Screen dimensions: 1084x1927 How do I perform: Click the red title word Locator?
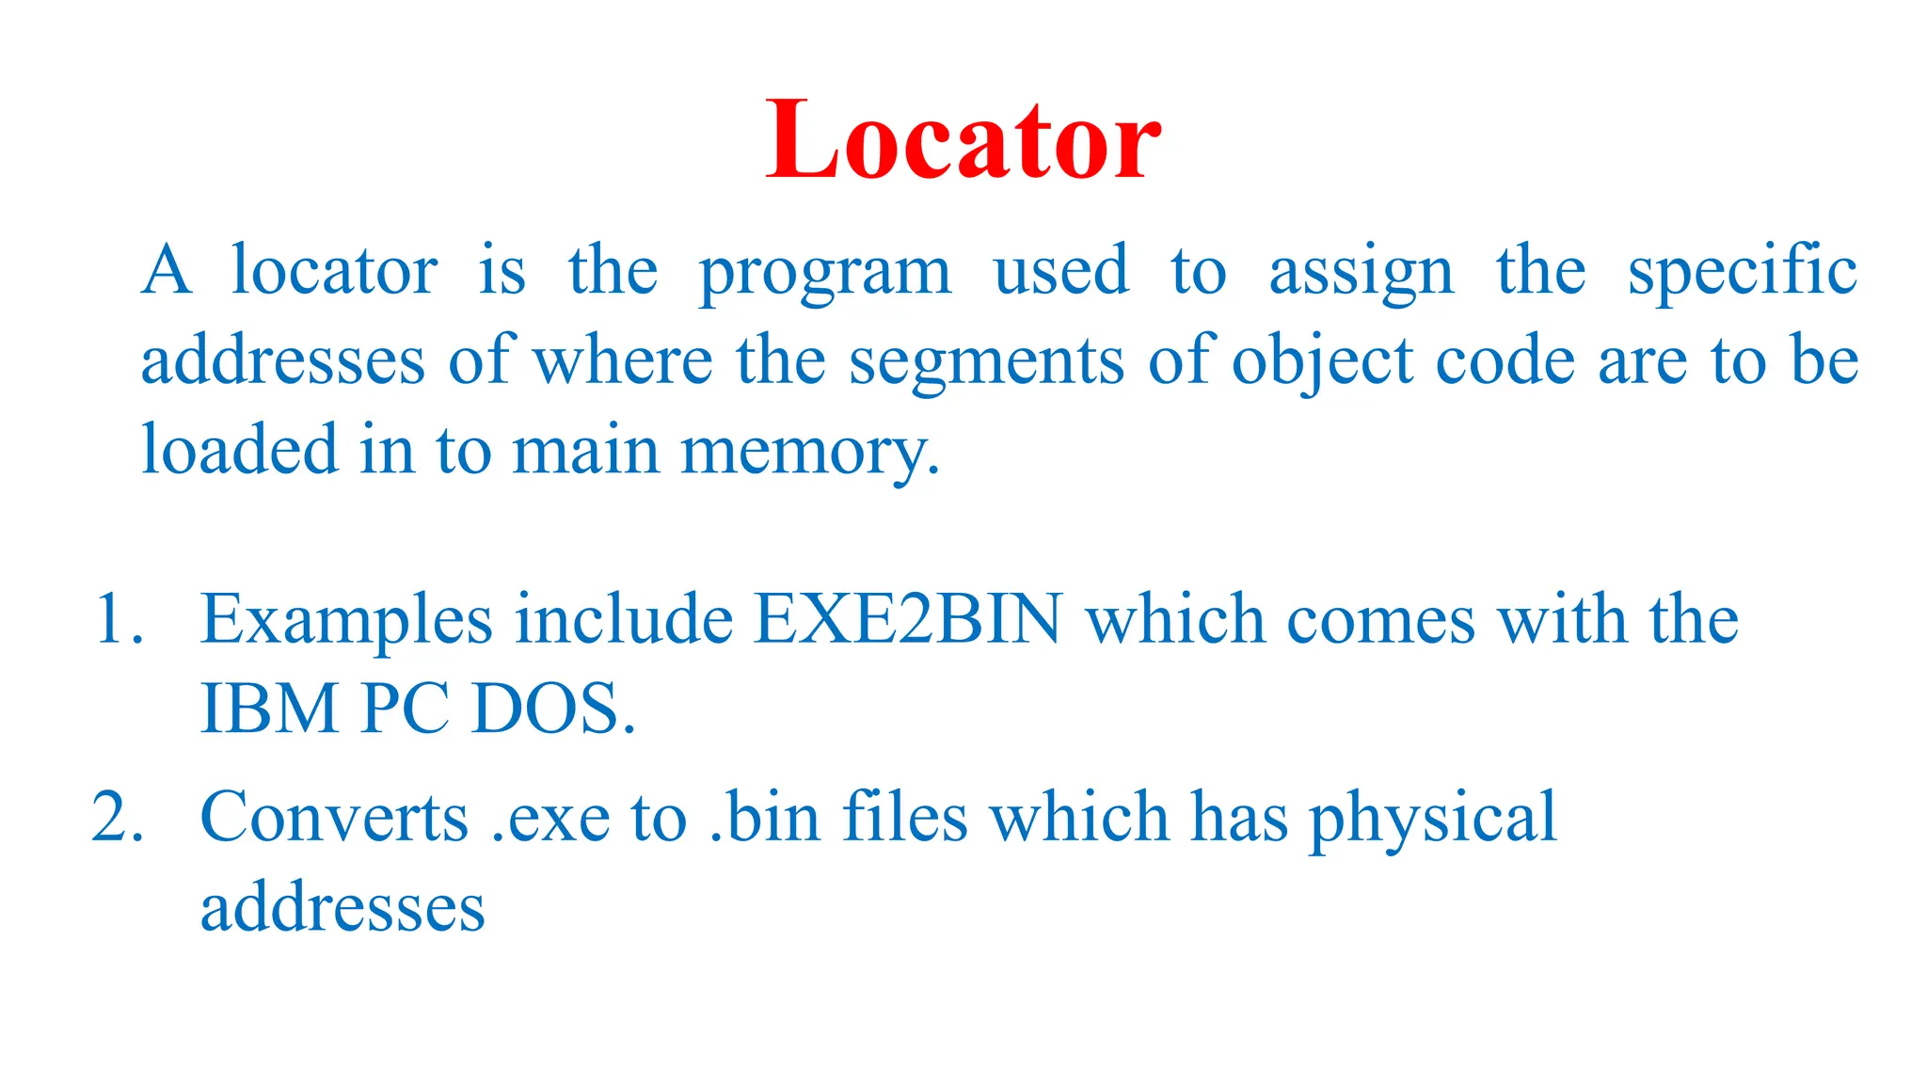click(963, 141)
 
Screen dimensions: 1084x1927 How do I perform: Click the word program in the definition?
click(824, 273)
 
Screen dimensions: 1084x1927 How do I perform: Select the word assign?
click(1361, 273)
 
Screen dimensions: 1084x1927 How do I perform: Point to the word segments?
click(986, 362)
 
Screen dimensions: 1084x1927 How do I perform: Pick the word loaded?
click(239, 450)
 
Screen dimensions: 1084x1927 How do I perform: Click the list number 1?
click(118, 621)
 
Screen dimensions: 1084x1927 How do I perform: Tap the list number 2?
click(118, 817)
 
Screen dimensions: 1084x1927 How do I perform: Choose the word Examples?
click(346, 621)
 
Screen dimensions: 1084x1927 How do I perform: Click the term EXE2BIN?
click(908, 621)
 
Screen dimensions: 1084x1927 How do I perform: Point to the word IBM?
click(269, 709)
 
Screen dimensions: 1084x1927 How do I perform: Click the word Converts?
click(334, 817)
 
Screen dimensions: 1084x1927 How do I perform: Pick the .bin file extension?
click(764, 817)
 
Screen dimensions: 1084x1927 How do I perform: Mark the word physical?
click(1433, 819)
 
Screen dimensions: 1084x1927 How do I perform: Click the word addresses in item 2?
click(342, 907)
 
